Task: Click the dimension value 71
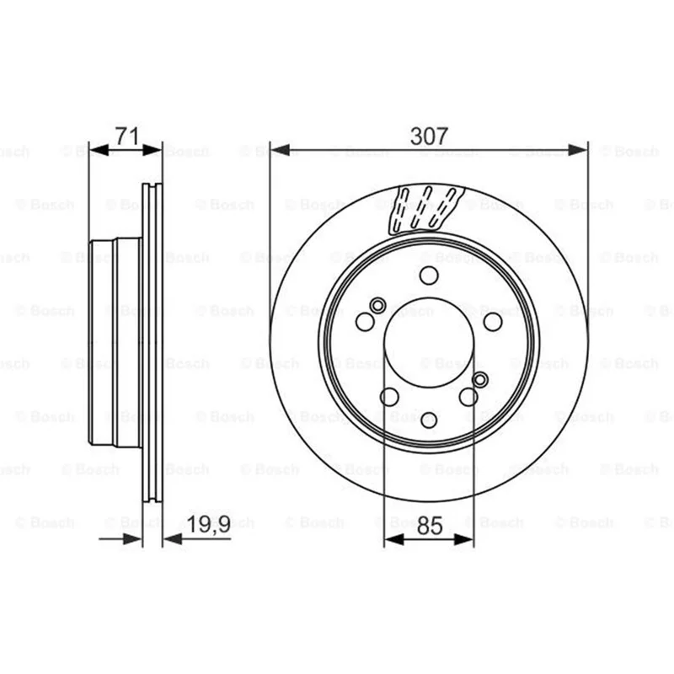tap(128, 136)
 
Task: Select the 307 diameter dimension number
tap(429, 136)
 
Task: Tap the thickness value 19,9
tap(209, 524)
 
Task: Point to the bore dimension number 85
tap(430, 526)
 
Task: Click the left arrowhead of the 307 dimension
tap(280, 150)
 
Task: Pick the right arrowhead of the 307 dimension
tap(577, 150)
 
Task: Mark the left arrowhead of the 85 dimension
tap(394, 539)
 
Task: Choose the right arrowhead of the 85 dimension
tap(464, 539)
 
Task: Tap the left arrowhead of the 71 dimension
tap(99, 150)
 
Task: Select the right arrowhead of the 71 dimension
tap(152, 150)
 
